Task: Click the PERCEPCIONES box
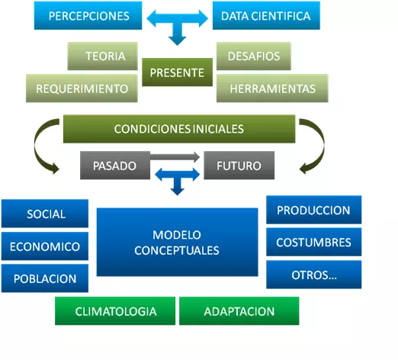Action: pyautogui.click(x=88, y=15)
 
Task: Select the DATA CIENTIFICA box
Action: pyautogui.click(x=266, y=15)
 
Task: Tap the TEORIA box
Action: pyautogui.click(x=102, y=56)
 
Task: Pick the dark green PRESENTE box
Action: pyautogui.click(x=177, y=72)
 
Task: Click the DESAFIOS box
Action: pyautogui.click(x=254, y=56)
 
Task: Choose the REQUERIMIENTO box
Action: pyautogui.click(x=82, y=88)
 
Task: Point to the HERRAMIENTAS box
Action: pyautogui.click(x=272, y=88)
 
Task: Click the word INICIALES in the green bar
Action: pyautogui.click(x=218, y=129)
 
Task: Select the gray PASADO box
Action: pyautogui.click(x=115, y=166)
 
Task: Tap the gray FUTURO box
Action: pyautogui.click(x=239, y=166)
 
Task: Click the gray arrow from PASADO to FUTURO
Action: pyautogui.click(x=175, y=157)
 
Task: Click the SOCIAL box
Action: pyautogui.click(x=45, y=214)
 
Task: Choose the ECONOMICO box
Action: pyautogui.click(x=45, y=246)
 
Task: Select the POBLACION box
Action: pyautogui.click(x=45, y=278)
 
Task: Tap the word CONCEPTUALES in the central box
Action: pyautogui.click(x=177, y=251)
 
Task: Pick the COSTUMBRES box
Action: pyautogui.click(x=313, y=242)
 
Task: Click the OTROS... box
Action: pyautogui.click(x=313, y=275)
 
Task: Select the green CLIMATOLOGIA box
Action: pyautogui.click(x=115, y=311)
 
